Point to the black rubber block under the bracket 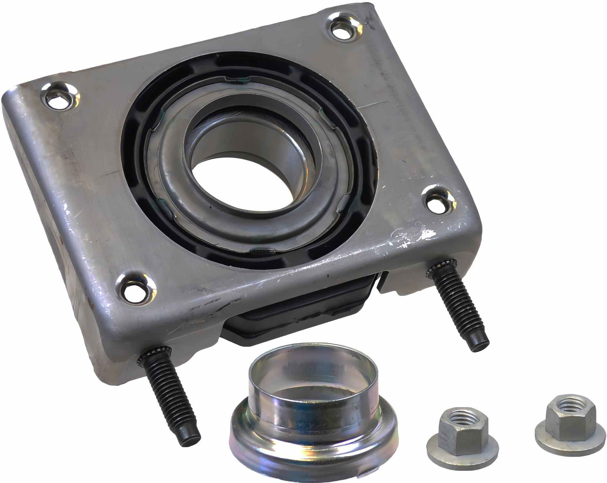[299, 309]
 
